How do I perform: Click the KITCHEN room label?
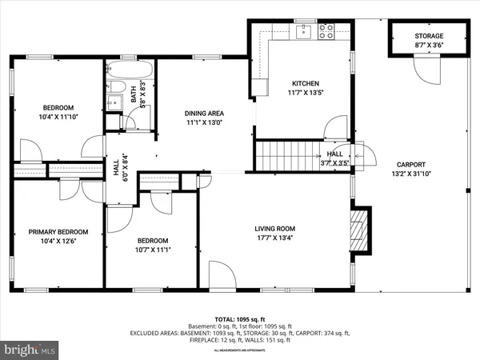tap(305, 83)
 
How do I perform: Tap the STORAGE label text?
tap(430, 37)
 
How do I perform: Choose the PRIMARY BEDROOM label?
tap(58, 232)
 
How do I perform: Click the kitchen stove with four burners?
tap(326, 32)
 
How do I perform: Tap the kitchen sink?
tap(303, 32)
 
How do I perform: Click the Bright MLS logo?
tap(30, 350)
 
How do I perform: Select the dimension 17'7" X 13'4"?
tap(274, 237)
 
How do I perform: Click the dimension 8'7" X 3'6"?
tap(430, 47)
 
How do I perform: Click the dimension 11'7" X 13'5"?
tap(305, 93)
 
